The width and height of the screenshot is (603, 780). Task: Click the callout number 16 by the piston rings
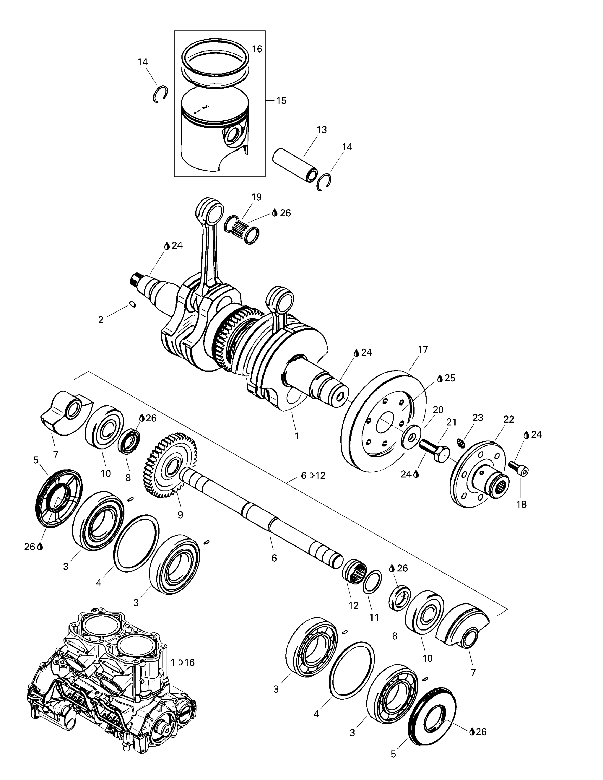pos(257,49)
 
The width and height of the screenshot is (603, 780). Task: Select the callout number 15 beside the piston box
pos(281,101)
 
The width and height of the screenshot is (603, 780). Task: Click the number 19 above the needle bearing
pos(256,197)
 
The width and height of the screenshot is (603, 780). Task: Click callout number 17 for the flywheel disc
pos(423,350)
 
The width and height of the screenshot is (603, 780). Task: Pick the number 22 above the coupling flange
pos(508,419)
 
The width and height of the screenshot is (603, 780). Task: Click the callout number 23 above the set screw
pos(478,418)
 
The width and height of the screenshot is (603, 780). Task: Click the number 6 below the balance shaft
pos(274,558)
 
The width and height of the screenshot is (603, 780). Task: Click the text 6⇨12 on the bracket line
pos(313,476)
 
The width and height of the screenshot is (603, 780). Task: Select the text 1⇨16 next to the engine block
pos(183,663)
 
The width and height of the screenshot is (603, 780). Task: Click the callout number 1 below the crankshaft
pos(296,436)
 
